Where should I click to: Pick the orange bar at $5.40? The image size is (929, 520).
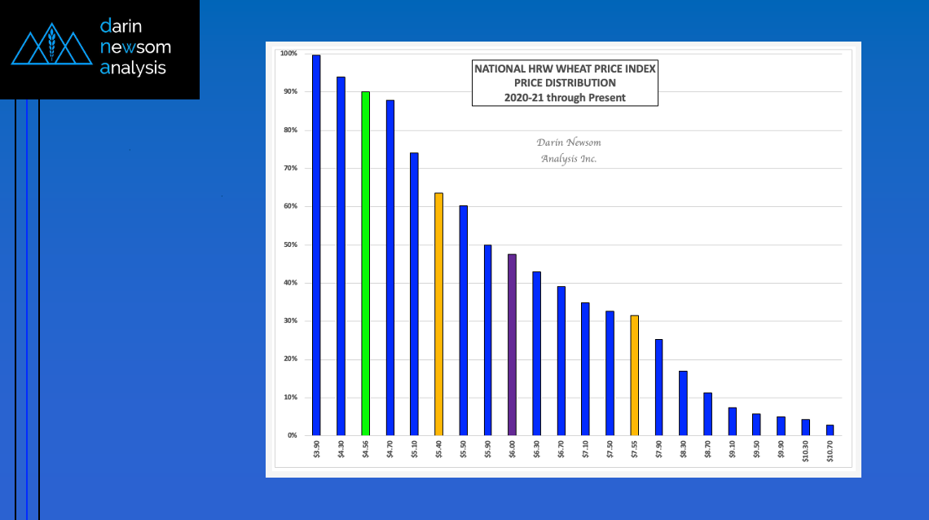[438, 314]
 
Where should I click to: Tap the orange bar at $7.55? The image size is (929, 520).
[634, 375]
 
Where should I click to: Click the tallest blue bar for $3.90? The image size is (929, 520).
[316, 245]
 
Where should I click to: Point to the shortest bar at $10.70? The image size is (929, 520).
[830, 430]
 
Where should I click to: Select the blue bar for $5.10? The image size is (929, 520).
[414, 293]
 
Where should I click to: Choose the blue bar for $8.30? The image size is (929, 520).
[683, 403]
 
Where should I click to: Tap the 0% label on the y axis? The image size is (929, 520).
[291, 436]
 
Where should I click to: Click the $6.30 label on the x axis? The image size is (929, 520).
[536, 449]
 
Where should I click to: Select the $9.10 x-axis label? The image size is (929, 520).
[732, 449]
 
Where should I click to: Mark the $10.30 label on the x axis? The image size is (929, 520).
[805, 451]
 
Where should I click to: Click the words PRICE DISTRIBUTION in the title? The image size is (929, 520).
[565, 83]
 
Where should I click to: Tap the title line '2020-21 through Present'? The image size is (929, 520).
[565, 97]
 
